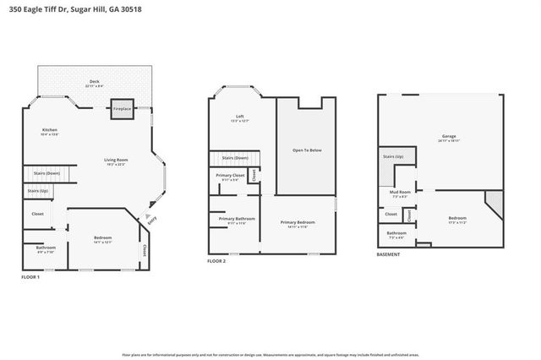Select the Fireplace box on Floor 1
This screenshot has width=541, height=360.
pos(123,108)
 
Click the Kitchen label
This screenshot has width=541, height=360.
pos(49,131)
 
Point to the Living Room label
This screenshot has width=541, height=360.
pos(115,161)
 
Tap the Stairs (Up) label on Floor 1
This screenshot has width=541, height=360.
pos(38,192)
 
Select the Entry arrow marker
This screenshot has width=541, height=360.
pos(150,218)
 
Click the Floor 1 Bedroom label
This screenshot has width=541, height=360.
pos(103,239)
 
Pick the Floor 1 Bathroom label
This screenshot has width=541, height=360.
pos(46,250)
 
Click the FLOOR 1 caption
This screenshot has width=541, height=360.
pos(32,276)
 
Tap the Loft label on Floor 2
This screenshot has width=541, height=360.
pos(240,117)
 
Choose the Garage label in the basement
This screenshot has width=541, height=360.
pos(448,138)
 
